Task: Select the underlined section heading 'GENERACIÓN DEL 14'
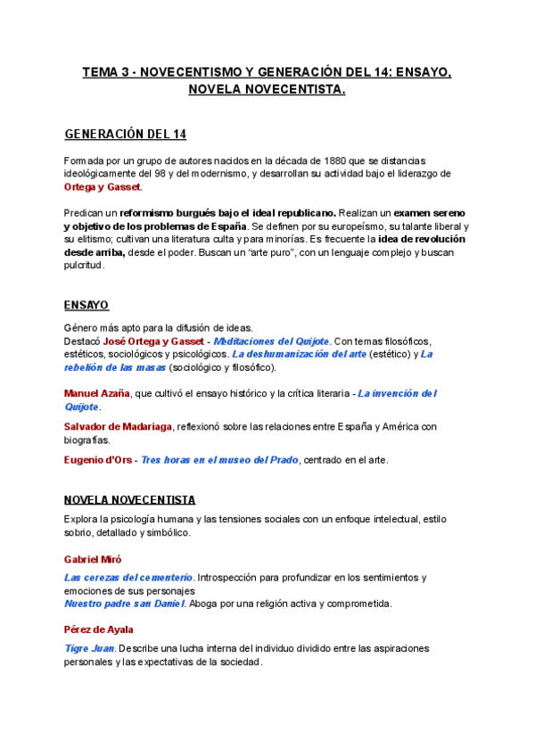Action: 126,135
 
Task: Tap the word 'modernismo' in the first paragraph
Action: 216,173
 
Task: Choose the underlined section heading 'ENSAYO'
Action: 86,304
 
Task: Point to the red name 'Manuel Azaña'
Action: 96,393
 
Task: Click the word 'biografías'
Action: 87,440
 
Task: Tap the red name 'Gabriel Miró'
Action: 93,558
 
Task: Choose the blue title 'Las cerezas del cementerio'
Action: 128,578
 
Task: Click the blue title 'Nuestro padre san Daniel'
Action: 124,604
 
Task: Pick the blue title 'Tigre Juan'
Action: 89,648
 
